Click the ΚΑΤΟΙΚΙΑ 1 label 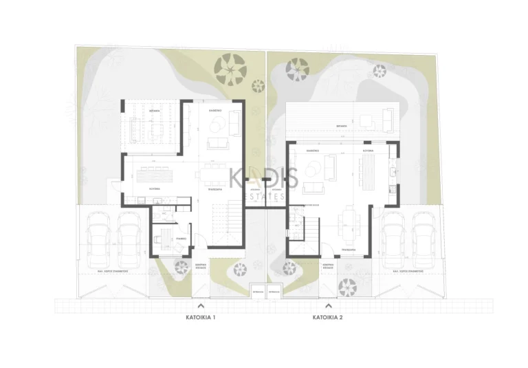point(200,318)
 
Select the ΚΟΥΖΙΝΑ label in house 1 point(155,186)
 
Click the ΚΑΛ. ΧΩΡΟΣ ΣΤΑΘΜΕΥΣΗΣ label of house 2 point(406,272)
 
